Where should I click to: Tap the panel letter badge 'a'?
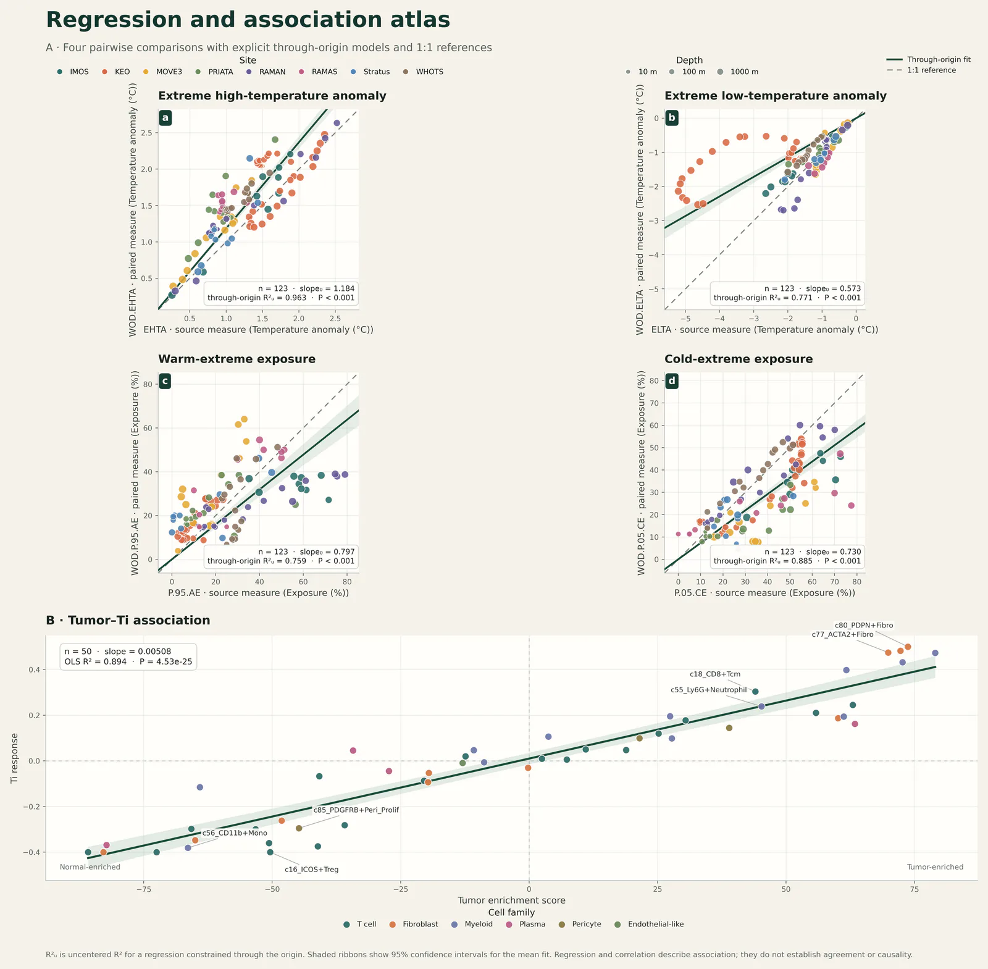click(x=165, y=117)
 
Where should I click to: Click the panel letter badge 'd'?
click(x=671, y=381)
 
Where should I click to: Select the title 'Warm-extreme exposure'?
click(x=237, y=359)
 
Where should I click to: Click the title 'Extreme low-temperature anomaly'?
click(x=775, y=96)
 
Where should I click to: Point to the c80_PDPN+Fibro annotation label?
click(x=863, y=625)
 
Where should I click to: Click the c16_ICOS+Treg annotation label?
click(x=311, y=870)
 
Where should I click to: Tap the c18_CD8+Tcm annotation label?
click(x=714, y=674)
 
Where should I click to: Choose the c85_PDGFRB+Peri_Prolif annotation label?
click(x=356, y=810)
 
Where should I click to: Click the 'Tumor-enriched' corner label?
click(x=935, y=867)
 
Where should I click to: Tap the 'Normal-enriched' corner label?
click(x=90, y=867)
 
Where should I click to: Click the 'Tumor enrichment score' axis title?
click(x=511, y=900)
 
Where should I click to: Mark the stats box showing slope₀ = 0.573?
click(x=787, y=293)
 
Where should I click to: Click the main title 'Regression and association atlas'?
click(x=248, y=20)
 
